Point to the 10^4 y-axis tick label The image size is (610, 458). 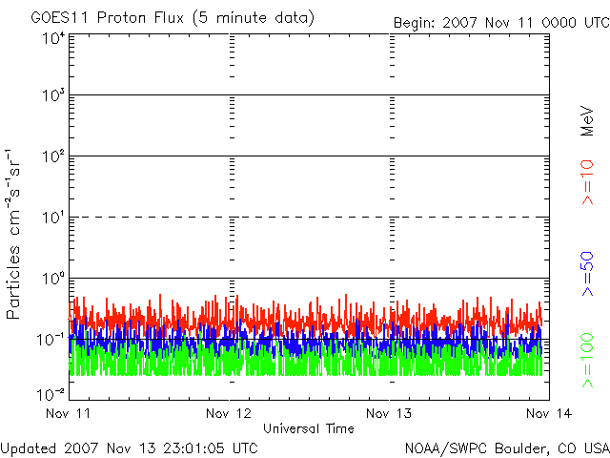point(52,37)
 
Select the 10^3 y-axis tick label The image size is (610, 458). point(52,96)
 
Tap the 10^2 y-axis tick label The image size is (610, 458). point(52,156)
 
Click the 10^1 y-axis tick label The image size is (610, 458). point(52,218)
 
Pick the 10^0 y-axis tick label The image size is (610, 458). point(52,279)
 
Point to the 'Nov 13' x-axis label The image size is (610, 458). point(389,413)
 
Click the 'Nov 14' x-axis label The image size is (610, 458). point(546,413)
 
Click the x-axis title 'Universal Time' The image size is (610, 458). point(308,428)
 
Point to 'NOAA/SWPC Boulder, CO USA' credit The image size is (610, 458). point(506,447)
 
